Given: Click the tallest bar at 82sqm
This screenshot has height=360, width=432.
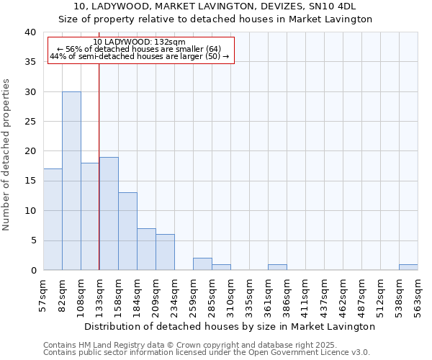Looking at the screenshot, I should click(71, 181).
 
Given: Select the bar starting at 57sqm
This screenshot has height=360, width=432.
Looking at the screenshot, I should click(53, 220).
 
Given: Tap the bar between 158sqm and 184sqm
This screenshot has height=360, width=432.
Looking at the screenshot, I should click(127, 231).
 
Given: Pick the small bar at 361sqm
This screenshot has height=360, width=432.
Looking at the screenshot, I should click(277, 267).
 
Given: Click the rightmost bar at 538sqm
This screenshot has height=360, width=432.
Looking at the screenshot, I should click(408, 267).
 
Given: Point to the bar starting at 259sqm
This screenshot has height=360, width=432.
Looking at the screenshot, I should click(202, 264).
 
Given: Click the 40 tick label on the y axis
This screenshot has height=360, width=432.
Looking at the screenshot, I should click(30, 32).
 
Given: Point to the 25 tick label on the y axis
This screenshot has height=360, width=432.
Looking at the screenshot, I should click(30, 122).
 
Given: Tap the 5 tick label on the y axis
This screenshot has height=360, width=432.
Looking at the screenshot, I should click(32, 240).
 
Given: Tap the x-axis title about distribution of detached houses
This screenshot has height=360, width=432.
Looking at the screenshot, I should click(230, 326).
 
